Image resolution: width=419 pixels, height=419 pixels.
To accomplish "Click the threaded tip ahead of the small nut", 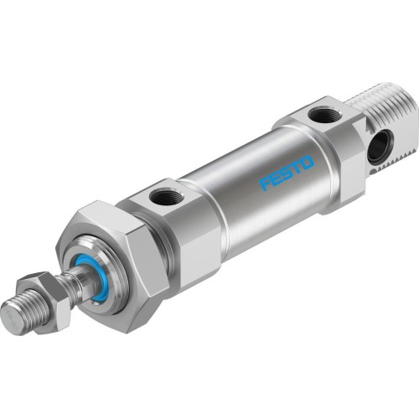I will [25, 312].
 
